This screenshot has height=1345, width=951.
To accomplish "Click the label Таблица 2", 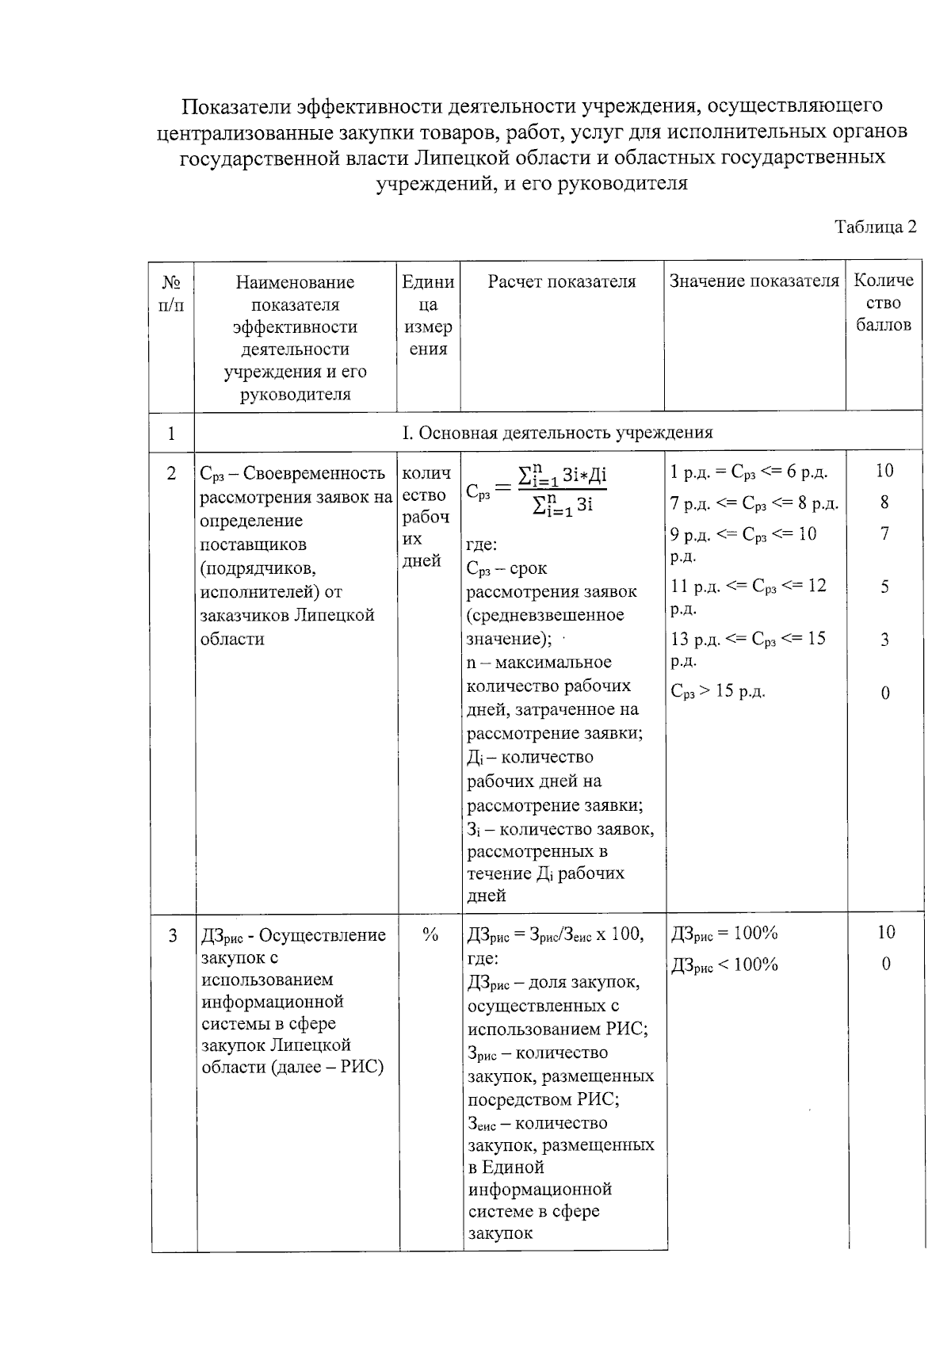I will coord(875,227).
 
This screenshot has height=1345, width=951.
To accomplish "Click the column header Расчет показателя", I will coord(561,281).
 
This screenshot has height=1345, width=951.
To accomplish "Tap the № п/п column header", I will coord(171,293).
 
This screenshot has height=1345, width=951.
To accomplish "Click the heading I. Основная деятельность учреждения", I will coord(557,432).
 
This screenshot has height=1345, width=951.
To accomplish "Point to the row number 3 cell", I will coord(173,935).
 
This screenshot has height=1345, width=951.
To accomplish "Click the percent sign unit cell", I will coord(430,935).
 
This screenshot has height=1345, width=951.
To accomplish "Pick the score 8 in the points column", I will coord(884,502).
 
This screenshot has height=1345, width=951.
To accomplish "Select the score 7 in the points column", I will coord(884,533).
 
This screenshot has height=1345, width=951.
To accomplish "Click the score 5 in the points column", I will coord(884,587).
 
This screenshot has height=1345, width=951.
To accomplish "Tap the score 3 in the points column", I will coord(884,640).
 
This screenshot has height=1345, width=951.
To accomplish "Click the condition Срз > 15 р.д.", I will coord(718,691).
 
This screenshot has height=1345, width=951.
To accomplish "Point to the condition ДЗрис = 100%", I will coord(724,934).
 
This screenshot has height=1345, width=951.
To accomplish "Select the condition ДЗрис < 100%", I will coord(724,965).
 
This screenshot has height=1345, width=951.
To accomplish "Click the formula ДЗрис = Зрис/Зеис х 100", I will coord(555,934).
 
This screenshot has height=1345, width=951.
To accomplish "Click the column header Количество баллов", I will coord(884,302).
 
